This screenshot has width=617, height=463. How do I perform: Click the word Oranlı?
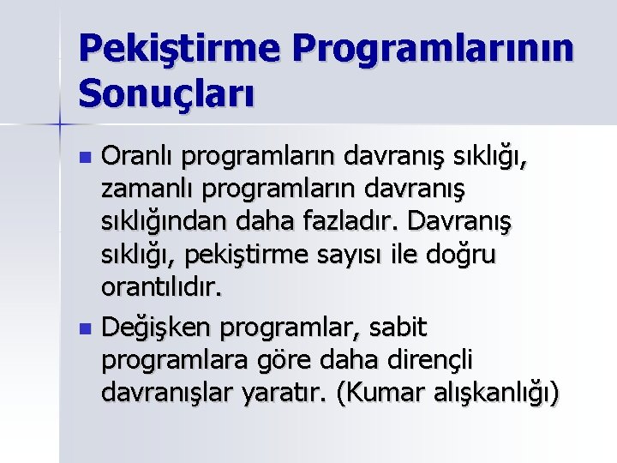tap(139, 157)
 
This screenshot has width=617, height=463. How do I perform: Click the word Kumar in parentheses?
tap(374, 393)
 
